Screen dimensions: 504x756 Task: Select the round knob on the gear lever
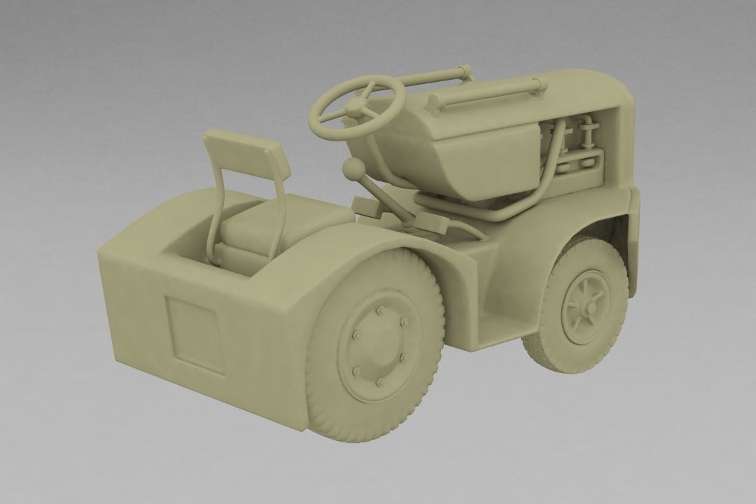353,168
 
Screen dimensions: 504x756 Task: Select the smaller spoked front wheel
585,305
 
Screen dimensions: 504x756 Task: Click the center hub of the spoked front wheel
587,306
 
